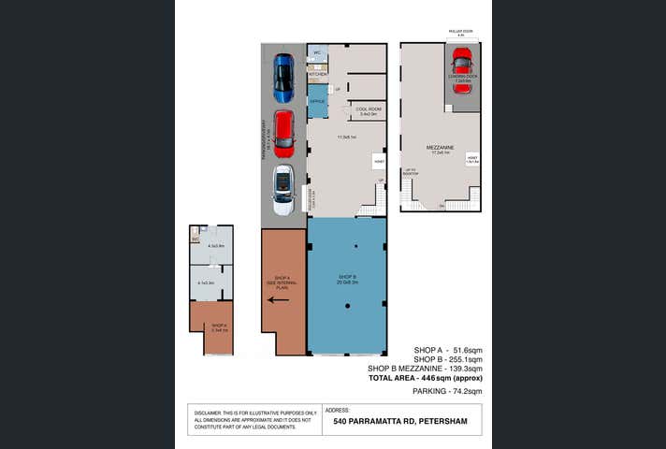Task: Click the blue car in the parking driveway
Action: click(x=283, y=79)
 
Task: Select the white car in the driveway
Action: click(x=282, y=190)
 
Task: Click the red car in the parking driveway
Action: click(x=283, y=134)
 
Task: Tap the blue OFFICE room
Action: click(x=318, y=100)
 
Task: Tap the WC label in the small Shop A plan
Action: click(x=195, y=240)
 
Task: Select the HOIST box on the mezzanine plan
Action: click(x=472, y=159)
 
